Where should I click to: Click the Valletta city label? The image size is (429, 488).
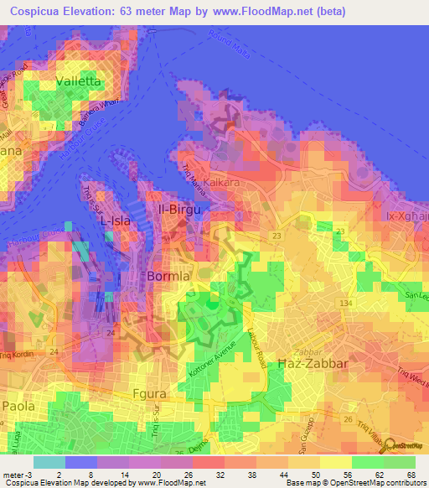(78, 81)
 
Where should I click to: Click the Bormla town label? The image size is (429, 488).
(170, 276)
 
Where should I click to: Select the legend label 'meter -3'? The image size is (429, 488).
(18, 475)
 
